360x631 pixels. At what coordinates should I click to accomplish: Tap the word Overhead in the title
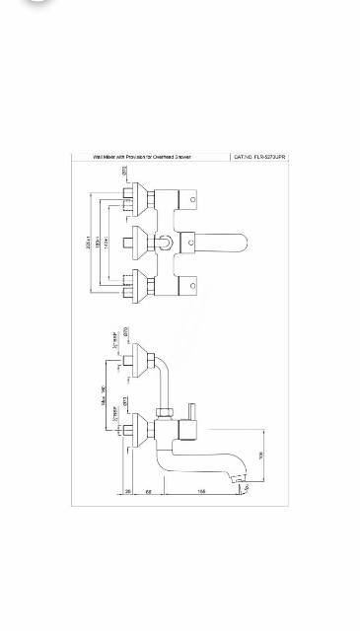click(x=165, y=156)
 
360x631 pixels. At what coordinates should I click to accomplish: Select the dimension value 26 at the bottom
click(x=129, y=490)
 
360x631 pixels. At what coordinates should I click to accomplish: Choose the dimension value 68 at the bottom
click(x=149, y=490)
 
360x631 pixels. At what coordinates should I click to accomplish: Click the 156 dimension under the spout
click(x=199, y=490)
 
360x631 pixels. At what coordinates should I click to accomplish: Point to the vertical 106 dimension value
click(x=261, y=455)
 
